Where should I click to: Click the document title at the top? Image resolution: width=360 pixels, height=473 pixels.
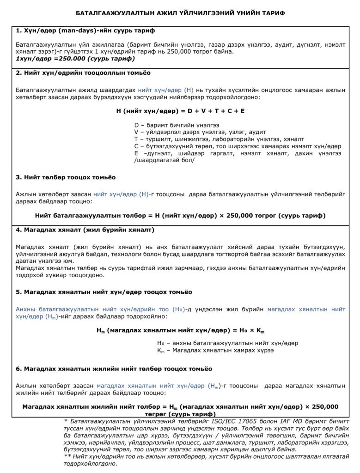180,13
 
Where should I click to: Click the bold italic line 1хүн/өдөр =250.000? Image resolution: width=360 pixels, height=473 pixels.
75,59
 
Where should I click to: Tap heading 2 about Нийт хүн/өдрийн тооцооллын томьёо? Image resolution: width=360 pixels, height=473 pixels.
83,73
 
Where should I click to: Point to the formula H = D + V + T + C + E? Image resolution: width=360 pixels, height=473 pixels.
180,111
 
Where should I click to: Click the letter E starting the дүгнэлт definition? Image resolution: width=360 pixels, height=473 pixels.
136,153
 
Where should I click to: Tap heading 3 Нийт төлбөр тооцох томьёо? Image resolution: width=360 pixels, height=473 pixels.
66,177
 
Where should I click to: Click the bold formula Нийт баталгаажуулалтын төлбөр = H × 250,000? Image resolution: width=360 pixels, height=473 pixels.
180,216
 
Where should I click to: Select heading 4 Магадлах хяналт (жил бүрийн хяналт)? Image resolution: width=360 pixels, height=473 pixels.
85,230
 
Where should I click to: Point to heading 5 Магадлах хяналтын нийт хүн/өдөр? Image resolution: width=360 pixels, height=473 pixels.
104,292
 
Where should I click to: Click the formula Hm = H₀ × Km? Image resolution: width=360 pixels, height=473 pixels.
180,331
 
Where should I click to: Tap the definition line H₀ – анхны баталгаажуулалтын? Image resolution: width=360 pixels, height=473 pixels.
227,343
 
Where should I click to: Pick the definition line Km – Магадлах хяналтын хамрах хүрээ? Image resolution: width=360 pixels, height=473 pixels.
215,351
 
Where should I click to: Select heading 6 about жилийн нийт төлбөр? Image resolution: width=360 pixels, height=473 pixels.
114,369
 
